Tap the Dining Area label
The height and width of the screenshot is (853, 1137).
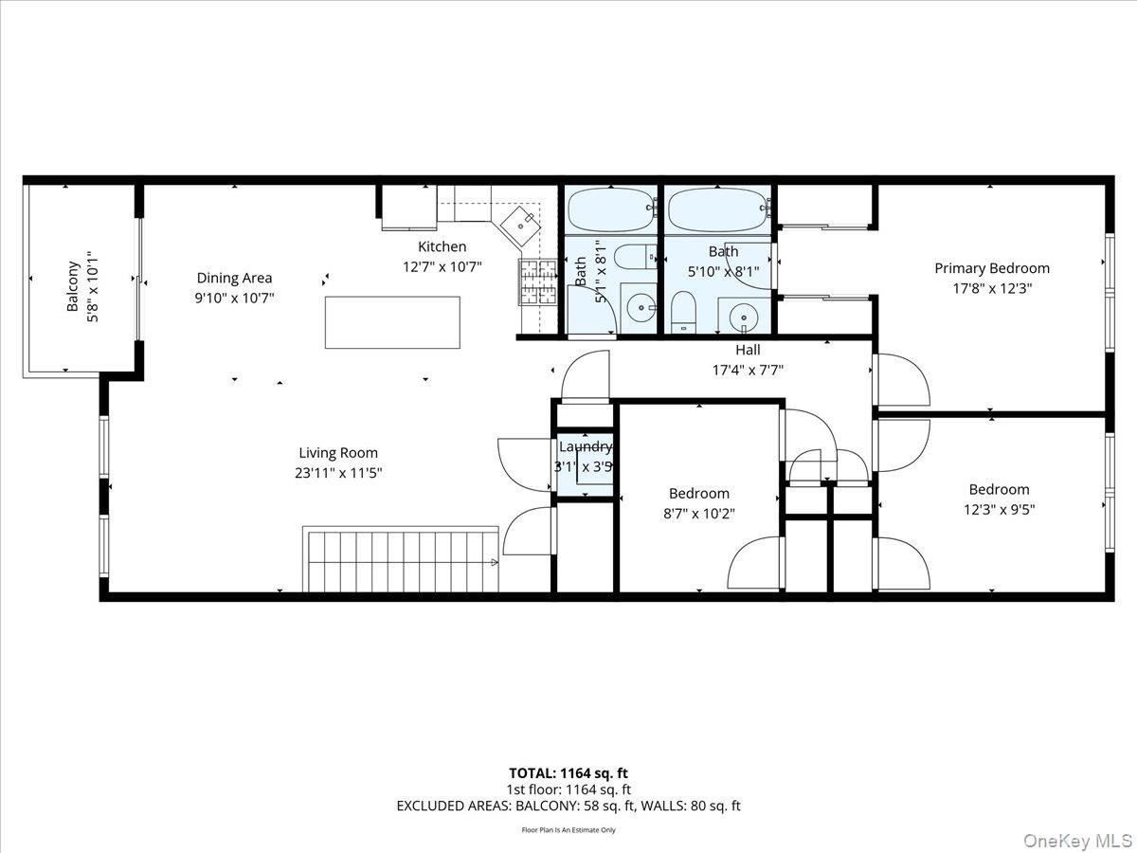[x=234, y=278]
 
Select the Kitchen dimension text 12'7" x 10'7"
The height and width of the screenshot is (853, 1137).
[x=442, y=266]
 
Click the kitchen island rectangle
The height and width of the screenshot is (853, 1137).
[x=392, y=322]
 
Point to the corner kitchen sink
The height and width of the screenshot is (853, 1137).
[x=520, y=224]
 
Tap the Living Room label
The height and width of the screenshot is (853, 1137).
[x=338, y=453]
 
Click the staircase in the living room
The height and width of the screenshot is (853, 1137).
[x=401, y=560]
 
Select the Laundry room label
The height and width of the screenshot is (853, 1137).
[x=585, y=447]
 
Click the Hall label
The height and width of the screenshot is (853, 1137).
[x=748, y=350]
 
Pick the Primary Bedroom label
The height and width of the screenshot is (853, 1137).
[x=992, y=268]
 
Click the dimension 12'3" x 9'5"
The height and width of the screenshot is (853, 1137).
[x=999, y=509]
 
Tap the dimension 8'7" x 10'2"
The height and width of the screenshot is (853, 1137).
[x=699, y=513]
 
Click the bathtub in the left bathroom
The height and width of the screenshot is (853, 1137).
[x=611, y=209]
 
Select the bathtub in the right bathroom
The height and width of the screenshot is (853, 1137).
[x=717, y=209]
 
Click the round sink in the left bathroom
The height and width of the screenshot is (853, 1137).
[x=641, y=307]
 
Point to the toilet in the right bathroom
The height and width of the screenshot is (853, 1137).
[x=683, y=311]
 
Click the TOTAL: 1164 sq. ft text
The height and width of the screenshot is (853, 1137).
[x=568, y=773]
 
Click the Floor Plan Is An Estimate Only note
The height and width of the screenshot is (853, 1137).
[x=568, y=830]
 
